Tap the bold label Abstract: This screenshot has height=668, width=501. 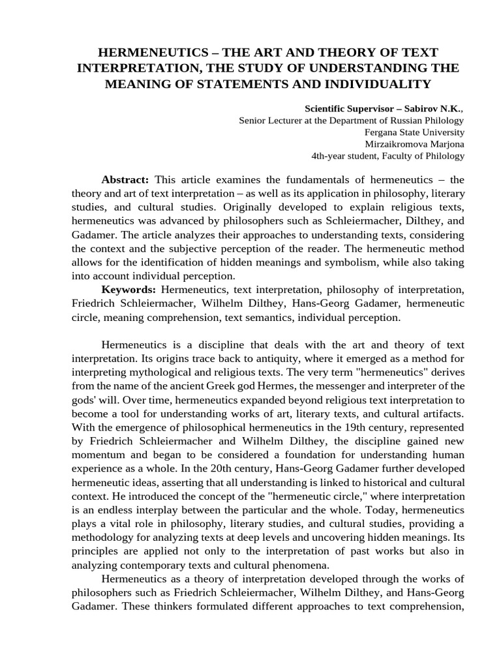[x=125, y=179]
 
